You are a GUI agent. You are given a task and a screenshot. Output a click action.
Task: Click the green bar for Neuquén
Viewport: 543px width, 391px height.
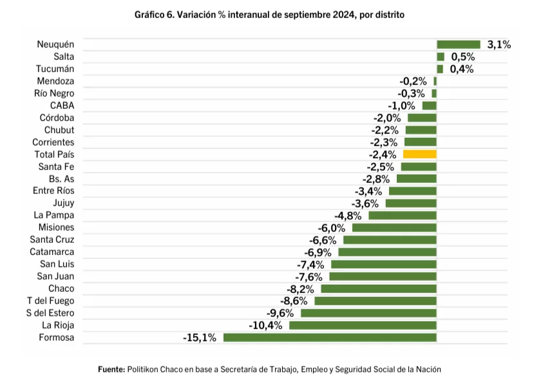458,44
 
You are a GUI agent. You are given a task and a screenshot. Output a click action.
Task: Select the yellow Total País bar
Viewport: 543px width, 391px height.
419,155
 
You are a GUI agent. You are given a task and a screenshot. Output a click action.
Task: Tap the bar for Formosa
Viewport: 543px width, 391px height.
330,338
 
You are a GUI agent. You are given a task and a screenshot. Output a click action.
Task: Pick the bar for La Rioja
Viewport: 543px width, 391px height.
363,325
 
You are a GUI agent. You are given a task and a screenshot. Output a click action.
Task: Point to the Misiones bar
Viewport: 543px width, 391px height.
394,227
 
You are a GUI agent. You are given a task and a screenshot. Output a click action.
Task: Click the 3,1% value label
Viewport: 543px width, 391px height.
499,44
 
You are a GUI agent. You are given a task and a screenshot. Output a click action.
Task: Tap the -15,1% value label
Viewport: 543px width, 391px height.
199,338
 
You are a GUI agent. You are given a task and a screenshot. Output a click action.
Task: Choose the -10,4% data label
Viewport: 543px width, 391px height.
265,325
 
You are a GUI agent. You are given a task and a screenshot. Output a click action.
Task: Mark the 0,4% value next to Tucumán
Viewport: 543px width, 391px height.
462,69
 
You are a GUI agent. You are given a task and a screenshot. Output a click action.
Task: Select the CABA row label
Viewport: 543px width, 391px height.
62,106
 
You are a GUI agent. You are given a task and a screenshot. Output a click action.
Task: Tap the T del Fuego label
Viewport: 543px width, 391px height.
50,301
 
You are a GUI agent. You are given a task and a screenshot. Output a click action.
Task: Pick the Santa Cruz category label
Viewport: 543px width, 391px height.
52,240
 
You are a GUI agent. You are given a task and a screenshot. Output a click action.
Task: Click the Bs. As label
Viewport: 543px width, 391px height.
61,179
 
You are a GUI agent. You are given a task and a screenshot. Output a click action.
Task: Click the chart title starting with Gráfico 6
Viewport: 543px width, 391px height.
269,14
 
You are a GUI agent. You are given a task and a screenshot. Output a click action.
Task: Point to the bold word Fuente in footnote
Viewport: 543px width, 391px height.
111,370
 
